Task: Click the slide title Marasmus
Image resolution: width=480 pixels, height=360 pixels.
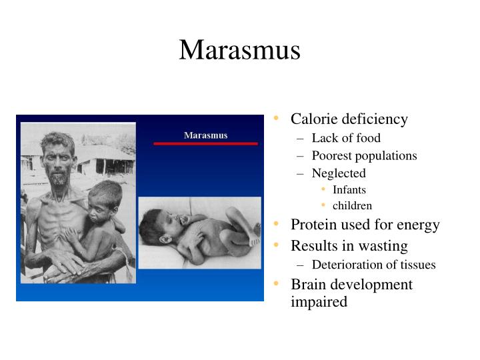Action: [239, 51]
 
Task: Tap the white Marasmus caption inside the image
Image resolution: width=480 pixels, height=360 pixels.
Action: [205, 135]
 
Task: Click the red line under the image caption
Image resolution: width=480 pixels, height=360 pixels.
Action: [205, 143]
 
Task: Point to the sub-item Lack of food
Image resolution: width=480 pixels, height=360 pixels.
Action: [346, 138]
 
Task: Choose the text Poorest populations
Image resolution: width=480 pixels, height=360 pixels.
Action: [364, 155]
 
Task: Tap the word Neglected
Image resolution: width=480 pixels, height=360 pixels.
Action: [339, 173]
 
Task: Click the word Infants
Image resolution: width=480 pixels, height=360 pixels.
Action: [349, 190]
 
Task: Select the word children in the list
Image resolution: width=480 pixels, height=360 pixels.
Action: [352, 206]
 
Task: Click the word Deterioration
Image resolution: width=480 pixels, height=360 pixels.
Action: [347, 265]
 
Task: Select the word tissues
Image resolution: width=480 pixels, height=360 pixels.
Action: [417, 265]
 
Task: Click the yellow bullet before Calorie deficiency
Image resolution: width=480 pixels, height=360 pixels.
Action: [276, 119]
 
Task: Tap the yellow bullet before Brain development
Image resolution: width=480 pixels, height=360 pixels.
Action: [276, 284]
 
